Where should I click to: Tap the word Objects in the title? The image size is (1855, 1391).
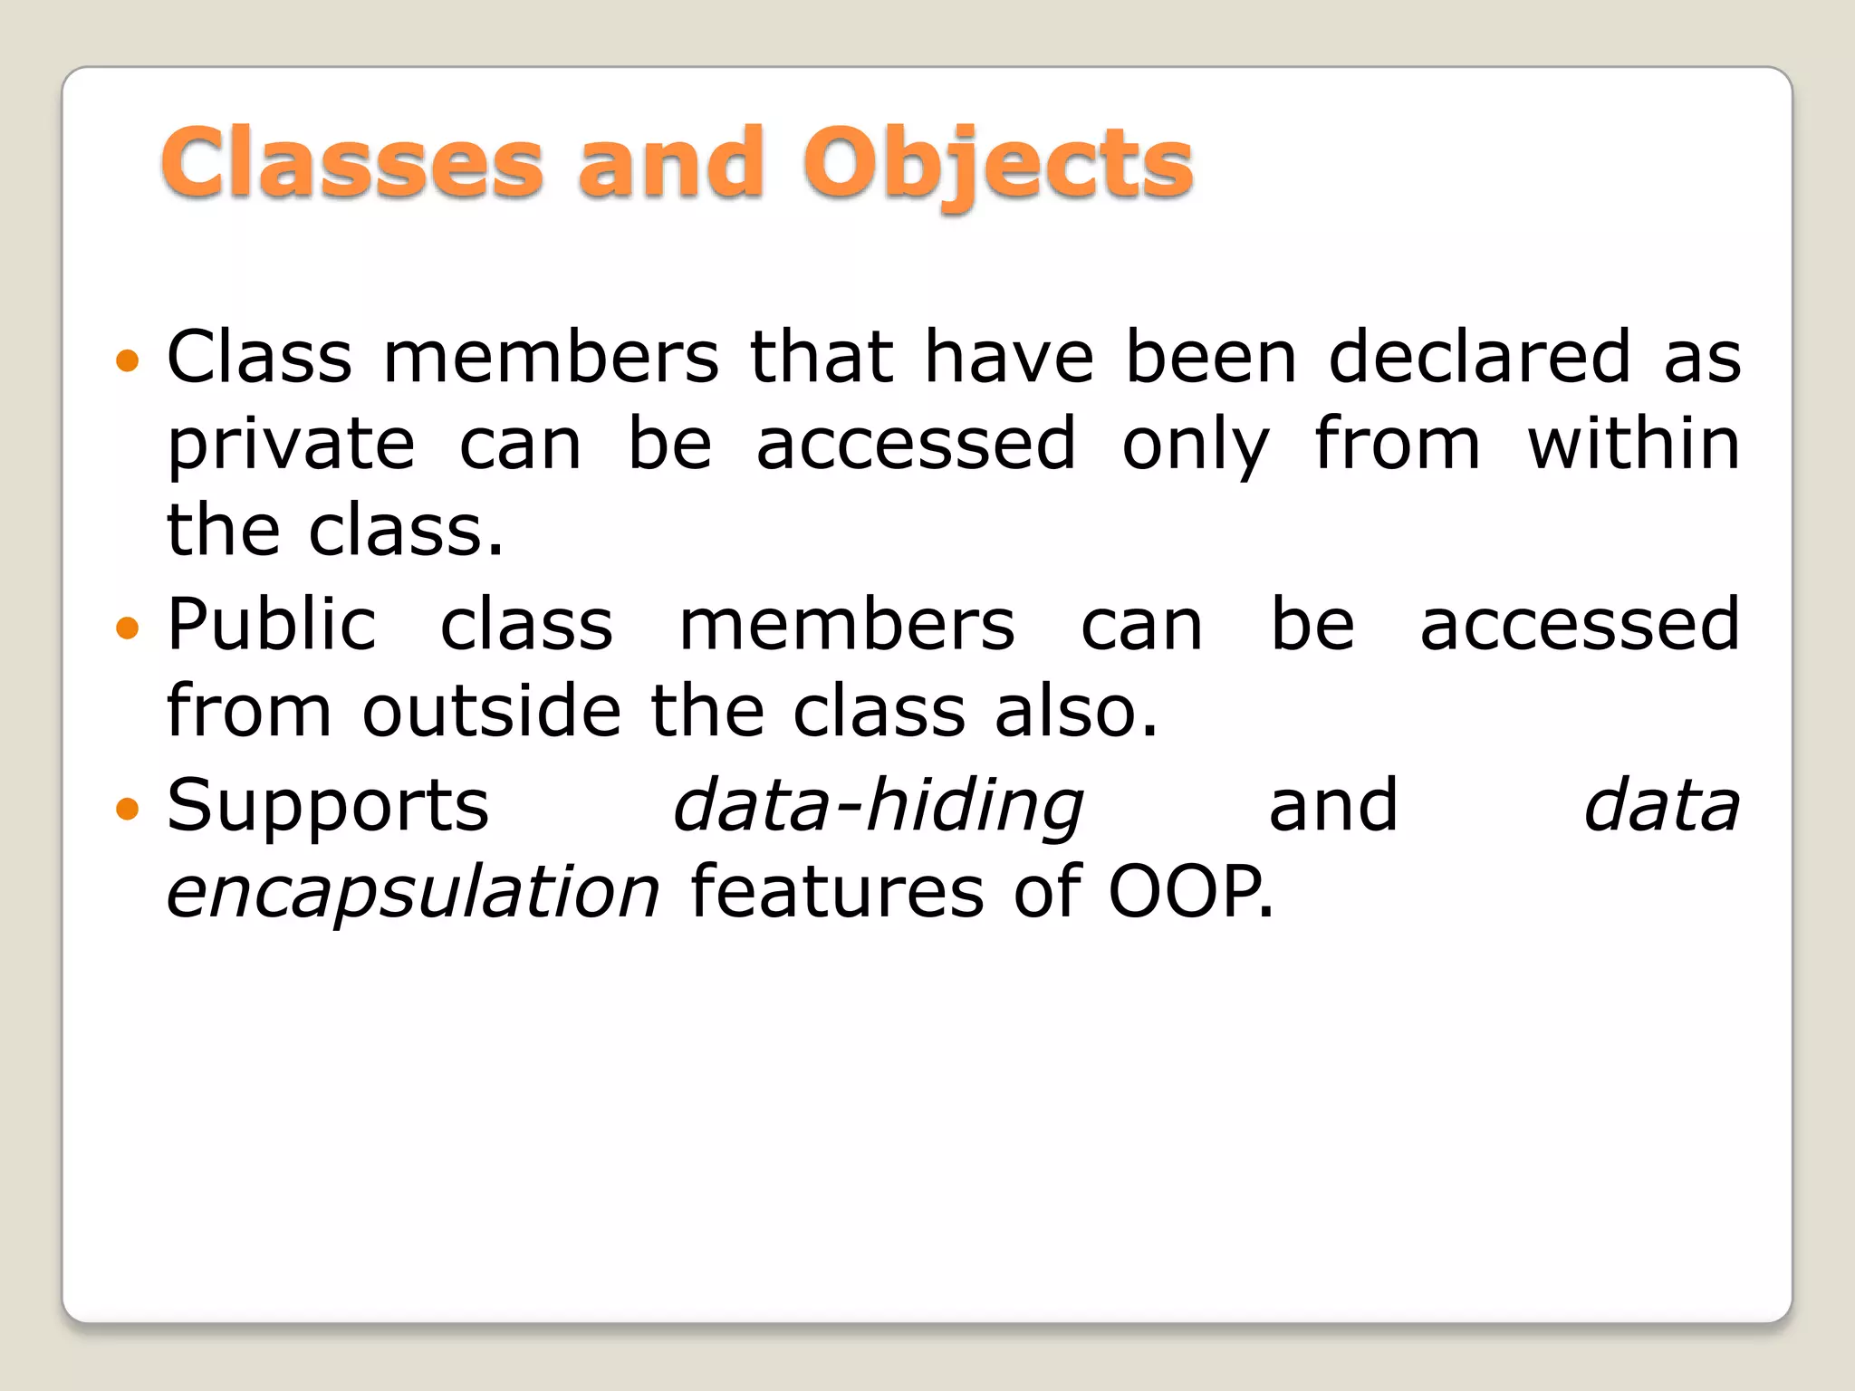point(997,164)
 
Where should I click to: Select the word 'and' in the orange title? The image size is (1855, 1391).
point(671,164)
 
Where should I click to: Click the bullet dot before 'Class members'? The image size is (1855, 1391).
point(129,361)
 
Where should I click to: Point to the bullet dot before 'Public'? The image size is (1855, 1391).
point(129,628)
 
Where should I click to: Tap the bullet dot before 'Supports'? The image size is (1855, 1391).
point(129,807)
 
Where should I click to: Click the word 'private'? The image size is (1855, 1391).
point(292,446)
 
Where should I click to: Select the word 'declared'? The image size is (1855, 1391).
point(1480,358)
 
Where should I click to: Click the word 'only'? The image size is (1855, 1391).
point(1196,446)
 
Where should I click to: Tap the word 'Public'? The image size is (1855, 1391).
point(272,625)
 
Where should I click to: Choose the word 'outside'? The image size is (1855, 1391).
point(492,712)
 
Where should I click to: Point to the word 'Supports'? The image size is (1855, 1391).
point(328,806)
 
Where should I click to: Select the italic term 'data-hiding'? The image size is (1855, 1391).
point(878,806)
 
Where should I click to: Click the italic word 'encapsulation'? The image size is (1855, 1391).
point(413,893)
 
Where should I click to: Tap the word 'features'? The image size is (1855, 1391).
point(837,891)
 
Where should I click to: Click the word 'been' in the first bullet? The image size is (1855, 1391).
point(1212,358)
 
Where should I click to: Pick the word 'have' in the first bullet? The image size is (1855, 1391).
point(1009,358)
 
